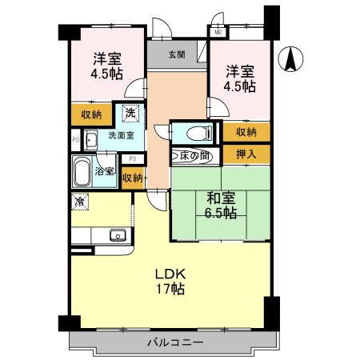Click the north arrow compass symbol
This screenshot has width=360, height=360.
(x=292, y=60)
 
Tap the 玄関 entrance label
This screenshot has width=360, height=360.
(x=177, y=54)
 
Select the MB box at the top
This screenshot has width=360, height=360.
(x=218, y=33)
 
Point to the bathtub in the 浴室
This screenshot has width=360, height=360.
(x=82, y=170)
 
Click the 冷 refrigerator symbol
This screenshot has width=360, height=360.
(x=80, y=202)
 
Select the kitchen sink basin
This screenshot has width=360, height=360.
(x=117, y=236)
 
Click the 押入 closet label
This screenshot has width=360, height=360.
(x=246, y=153)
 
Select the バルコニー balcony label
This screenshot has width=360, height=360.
(x=174, y=343)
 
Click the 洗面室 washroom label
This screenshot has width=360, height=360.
(x=122, y=136)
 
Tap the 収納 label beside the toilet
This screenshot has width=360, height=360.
(x=246, y=132)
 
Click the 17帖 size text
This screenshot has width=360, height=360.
(x=170, y=288)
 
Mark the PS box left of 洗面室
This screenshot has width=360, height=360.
(x=76, y=141)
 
